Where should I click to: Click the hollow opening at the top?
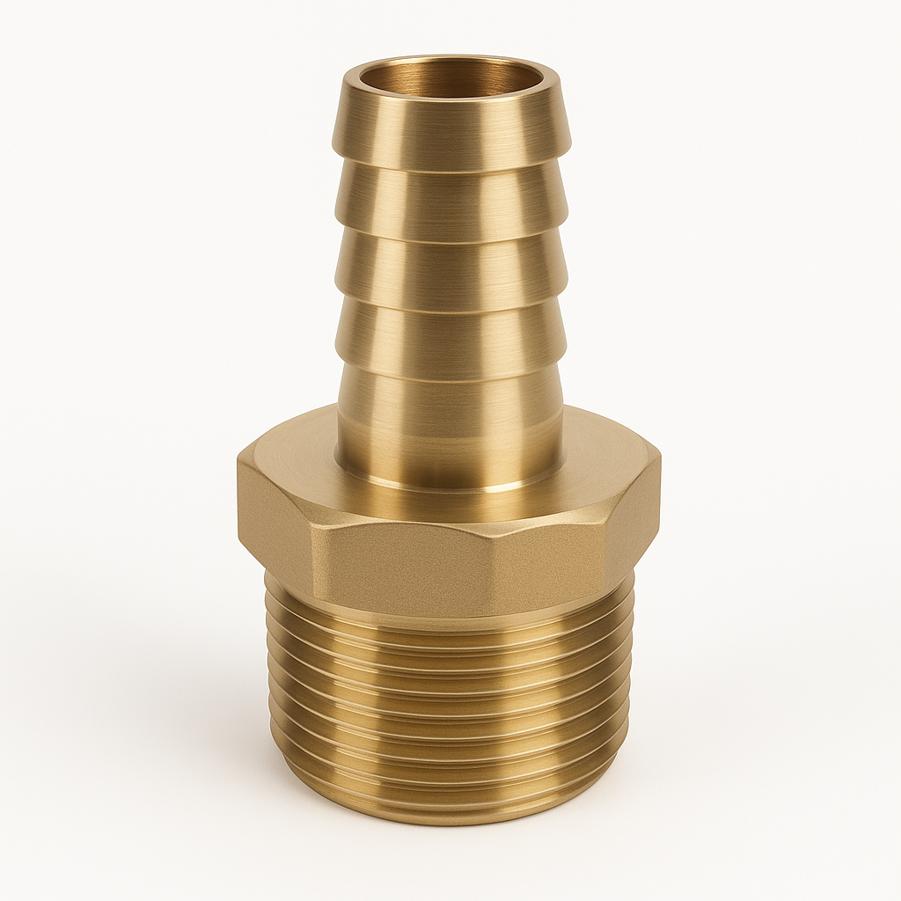point(450,77)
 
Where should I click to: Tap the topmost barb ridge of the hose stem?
point(450,132)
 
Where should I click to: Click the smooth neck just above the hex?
point(450,422)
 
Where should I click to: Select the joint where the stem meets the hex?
point(450,487)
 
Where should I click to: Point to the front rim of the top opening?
point(450,104)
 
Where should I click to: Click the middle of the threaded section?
point(450,704)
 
